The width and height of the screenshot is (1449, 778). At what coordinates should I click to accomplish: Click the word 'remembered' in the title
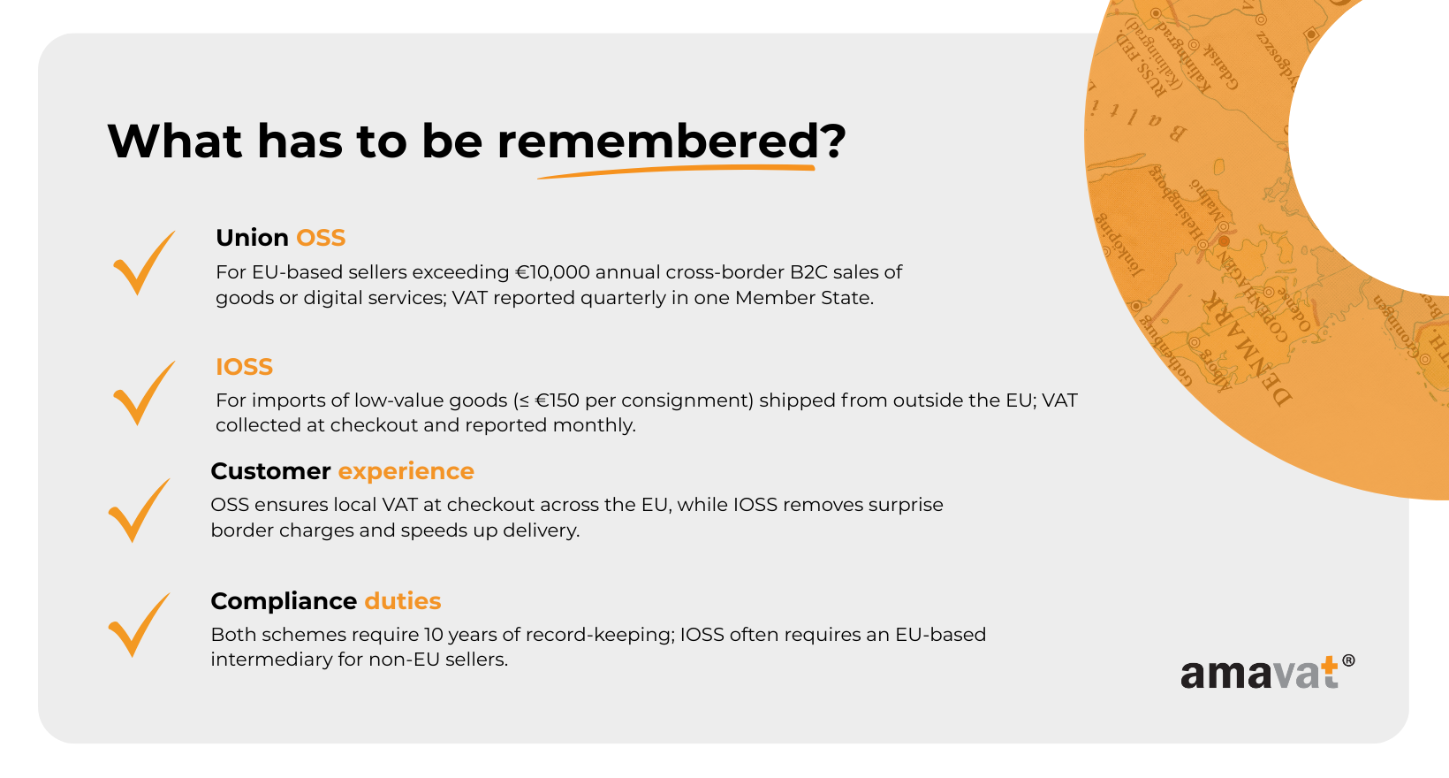point(658,141)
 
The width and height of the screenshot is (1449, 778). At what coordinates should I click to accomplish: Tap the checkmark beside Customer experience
point(139,510)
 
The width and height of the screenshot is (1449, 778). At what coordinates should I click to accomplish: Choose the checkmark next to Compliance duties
point(139,624)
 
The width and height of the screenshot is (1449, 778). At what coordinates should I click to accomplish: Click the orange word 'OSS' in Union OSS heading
point(321,238)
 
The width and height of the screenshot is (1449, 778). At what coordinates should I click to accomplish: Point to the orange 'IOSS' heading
point(244,366)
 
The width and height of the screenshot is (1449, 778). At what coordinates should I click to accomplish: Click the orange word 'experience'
point(406,471)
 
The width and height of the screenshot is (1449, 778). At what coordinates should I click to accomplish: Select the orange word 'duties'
point(403,600)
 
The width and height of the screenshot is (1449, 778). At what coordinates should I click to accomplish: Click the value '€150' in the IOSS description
point(557,400)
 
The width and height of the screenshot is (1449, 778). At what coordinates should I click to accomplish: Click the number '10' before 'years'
point(433,634)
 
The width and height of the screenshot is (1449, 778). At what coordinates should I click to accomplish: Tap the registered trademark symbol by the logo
point(1348,660)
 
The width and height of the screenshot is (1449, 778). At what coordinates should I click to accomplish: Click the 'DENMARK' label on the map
point(1247,349)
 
